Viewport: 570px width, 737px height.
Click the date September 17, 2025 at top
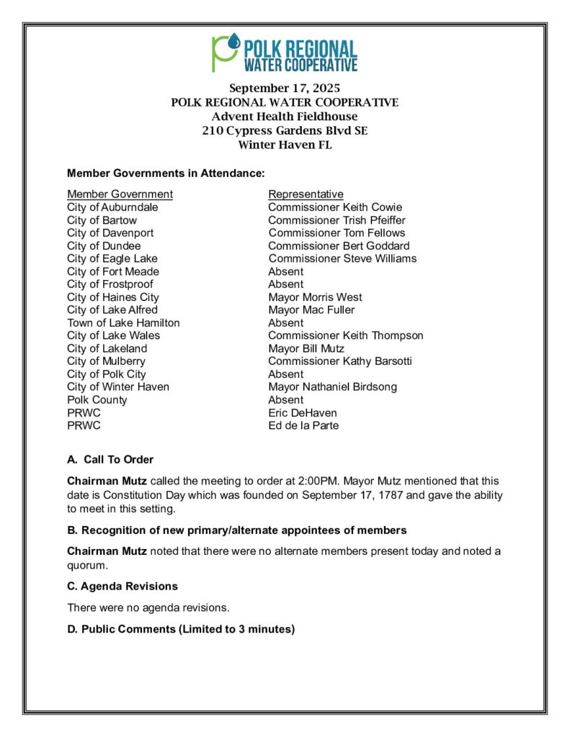284,89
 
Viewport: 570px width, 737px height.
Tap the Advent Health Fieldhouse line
284,117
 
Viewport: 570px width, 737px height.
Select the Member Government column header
120,194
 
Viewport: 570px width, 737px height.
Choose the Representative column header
306,194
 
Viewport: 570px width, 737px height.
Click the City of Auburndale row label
112,207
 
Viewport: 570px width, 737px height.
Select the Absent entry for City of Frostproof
285,284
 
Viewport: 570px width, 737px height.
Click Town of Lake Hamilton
123,323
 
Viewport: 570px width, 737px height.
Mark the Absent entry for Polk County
285,400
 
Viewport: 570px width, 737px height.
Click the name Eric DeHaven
303,413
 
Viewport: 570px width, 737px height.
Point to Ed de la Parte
303,426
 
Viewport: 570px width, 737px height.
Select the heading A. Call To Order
110,460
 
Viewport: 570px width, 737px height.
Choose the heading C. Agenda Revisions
123,587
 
